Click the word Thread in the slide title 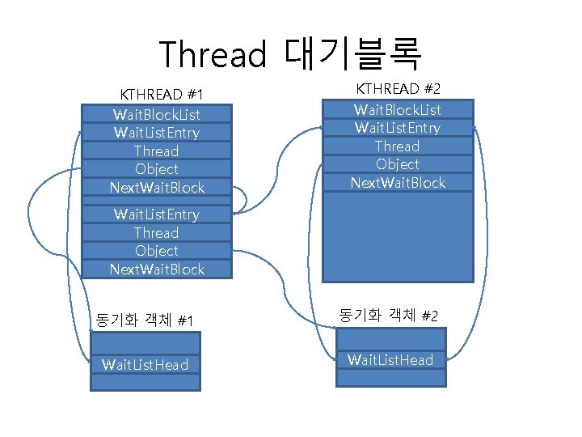pyautogui.click(x=212, y=54)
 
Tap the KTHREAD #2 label pyautogui.click(x=398, y=88)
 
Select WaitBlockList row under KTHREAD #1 pyautogui.click(x=156, y=114)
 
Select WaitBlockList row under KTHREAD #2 pyautogui.click(x=398, y=109)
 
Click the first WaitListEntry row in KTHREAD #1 pyautogui.click(x=156, y=132)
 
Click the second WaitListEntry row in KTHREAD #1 pyautogui.click(x=156, y=214)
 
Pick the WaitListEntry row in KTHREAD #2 pyautogui.click(x=398, y=128)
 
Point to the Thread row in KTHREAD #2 pyautogui.click(x=398, y=146)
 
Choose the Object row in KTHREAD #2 pyautogui.click(x=398, y=164)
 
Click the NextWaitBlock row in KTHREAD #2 pyautogui.click(x=398, y=183)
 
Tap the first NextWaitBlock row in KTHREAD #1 pyautogui.click(x=156, y=188)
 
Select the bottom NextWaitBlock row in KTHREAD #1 pyautogui.click(x=156, y=269)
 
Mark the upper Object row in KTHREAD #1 pyautogui.click(x=156, y=169)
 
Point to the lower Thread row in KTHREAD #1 pyautogui.click(x=156, y=232)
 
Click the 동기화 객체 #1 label pyautogui.click(x=144, y=320)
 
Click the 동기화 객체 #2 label pyautogui.click(x=389, y=315)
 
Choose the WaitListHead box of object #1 pyautogui.click(x=145, y=365)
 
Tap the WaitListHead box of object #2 pyautogui.click(x=390, y=360)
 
